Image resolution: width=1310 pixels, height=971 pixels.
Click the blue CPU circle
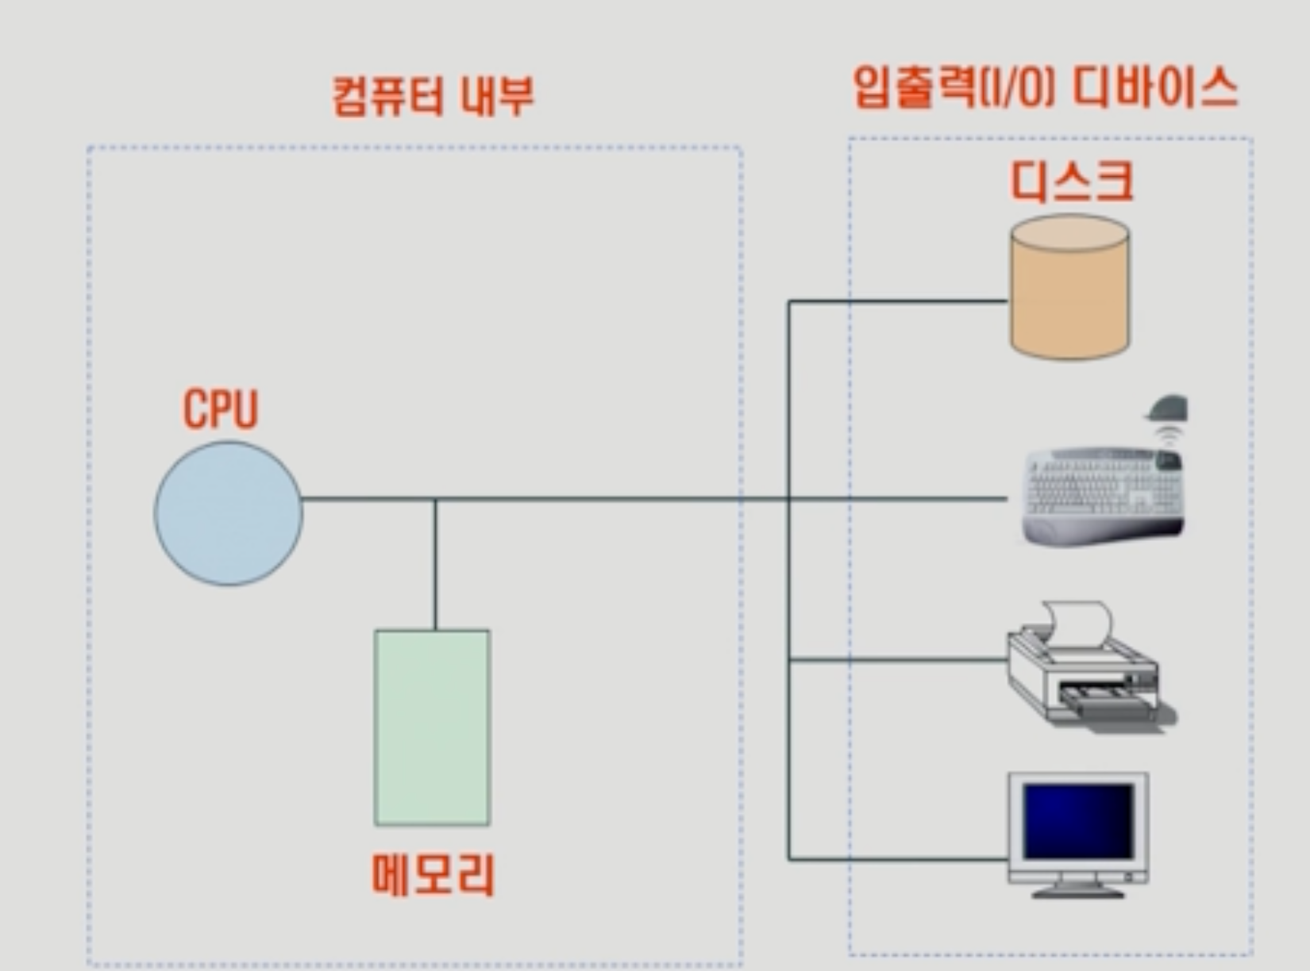228,513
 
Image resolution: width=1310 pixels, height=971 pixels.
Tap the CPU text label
221,409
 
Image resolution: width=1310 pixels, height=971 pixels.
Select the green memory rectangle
432,727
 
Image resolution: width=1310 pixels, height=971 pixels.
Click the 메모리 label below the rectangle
433,875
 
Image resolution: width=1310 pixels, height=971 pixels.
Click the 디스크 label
1071,181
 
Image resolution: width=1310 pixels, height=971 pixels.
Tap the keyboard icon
1102,496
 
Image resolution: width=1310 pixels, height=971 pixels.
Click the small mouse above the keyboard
1167,409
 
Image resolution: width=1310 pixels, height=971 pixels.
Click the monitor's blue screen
1077,820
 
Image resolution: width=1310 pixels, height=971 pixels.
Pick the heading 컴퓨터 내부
433,95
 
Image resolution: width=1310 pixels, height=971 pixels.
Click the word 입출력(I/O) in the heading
954,87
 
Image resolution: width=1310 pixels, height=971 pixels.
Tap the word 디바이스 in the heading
1155,87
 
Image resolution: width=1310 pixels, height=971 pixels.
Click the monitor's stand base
1078,892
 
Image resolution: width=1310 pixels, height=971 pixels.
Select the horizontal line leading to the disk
897,301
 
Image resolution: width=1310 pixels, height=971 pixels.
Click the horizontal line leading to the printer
897,659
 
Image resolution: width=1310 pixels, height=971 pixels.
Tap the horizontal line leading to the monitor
897,859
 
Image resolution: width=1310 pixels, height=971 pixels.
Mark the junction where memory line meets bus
435,499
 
